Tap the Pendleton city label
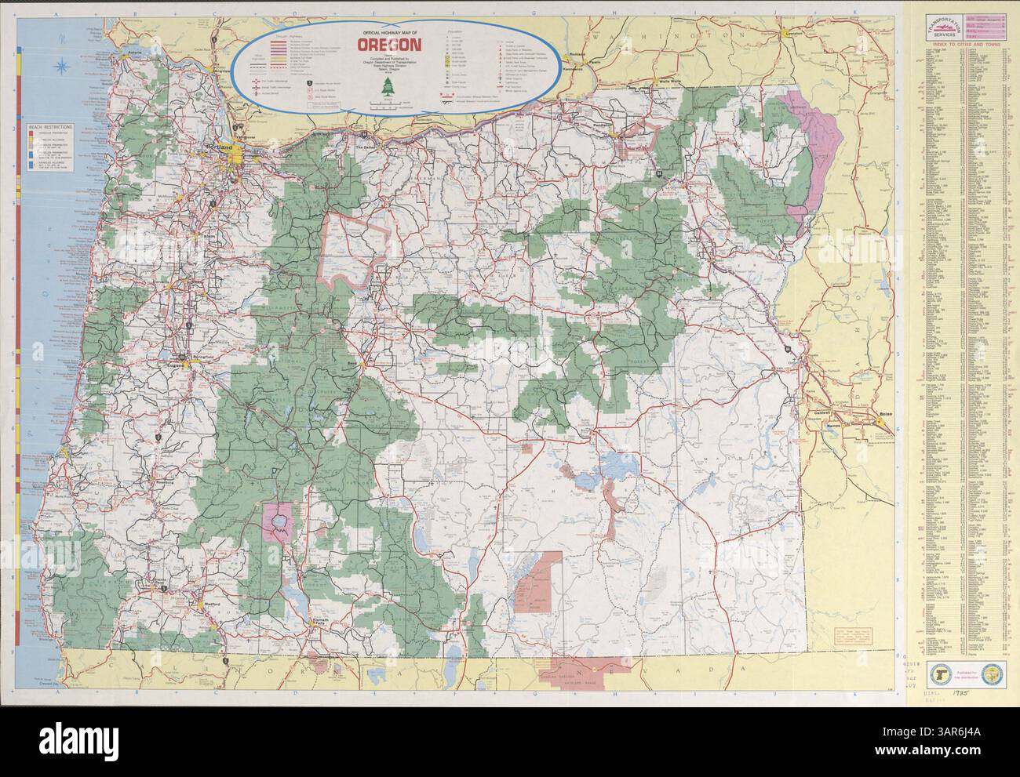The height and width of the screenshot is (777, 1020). pos(625,125)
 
